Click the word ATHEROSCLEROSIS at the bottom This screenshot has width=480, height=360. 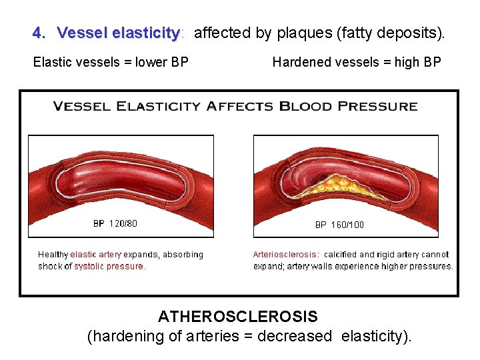[238, 316]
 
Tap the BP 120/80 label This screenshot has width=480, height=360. [115, 224]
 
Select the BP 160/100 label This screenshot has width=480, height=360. [339, 225]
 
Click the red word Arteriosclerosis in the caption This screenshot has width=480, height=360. [285, 255]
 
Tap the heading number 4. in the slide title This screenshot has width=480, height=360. [40, 33]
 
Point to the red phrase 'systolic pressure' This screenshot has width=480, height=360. [109, 266]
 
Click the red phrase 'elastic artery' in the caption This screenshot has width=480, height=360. [96, 255]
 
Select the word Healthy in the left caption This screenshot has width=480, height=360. [53, 255]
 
